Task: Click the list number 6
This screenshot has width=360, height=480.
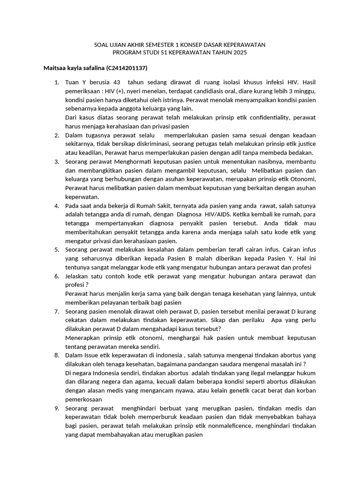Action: (x=56, y=276)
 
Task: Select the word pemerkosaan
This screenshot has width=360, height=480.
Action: (x=83, y=399)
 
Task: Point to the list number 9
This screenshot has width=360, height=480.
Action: (x=56, y=408)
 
